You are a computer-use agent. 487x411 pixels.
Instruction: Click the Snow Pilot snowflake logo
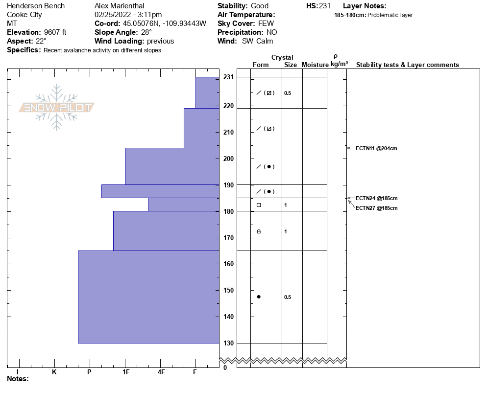[57, 107]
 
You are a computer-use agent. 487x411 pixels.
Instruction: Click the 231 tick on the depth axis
[228, 77]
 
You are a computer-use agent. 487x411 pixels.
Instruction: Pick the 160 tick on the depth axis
[228, 264]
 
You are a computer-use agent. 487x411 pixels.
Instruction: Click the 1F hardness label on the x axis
[126, 372]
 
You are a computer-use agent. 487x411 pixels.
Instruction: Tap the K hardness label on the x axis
[54, 372]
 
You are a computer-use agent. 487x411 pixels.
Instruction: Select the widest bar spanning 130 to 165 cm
[148, 297]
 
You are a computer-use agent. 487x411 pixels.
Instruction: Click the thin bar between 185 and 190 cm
[160, 191]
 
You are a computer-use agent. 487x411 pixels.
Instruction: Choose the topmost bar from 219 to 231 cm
[207, 92]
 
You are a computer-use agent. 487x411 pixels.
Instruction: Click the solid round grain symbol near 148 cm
[259, 297]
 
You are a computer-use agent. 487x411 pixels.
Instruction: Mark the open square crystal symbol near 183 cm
[259, 205]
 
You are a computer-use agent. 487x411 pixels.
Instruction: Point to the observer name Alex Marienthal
[119, 6]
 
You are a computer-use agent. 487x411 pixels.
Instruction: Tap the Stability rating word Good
[260, 6]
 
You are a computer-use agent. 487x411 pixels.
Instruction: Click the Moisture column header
[315, 65]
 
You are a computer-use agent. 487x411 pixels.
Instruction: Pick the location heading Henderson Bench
[36, 6]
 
